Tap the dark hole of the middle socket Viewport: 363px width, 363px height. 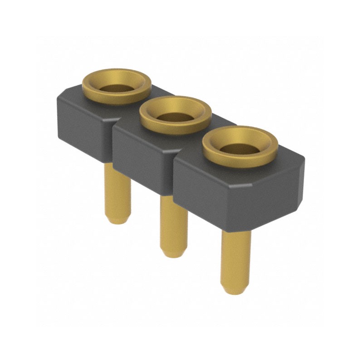coord(174,117)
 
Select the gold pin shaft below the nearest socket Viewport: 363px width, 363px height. coord(235,254)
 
